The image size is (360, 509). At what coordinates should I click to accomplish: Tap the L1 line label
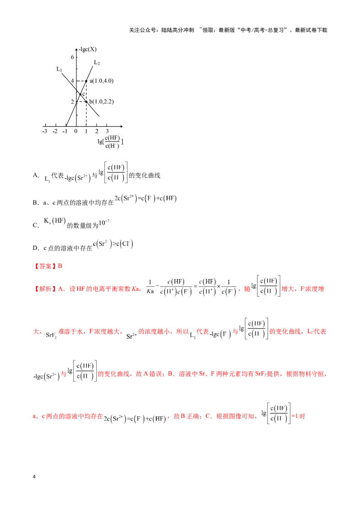(59, 69)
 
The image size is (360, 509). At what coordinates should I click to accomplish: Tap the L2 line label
(97, 63)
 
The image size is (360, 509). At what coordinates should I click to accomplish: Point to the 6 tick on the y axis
(72, 57)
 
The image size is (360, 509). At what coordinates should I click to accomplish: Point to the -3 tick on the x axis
(45, 131)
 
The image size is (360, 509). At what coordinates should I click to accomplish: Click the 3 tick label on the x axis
(107, 131)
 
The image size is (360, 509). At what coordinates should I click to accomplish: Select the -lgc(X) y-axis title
(88, 49)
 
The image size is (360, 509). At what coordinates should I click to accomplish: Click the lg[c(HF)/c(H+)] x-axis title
(110, 142)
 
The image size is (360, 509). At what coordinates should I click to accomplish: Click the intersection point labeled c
(81, 94)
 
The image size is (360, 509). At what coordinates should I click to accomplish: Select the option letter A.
(36, 175)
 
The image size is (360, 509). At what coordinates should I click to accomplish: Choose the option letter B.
(36, 202)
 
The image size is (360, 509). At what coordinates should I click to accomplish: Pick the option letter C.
(36, 225)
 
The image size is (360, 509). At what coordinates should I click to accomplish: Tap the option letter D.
(36, 248)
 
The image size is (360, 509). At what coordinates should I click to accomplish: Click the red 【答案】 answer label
(45, 266)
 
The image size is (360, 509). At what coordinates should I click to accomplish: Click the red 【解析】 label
(45, 289)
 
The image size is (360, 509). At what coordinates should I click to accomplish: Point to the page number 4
(34, 477)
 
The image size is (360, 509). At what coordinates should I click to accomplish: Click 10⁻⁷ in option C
(104, 223)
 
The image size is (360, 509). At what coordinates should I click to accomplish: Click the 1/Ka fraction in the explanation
(150, 286)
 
